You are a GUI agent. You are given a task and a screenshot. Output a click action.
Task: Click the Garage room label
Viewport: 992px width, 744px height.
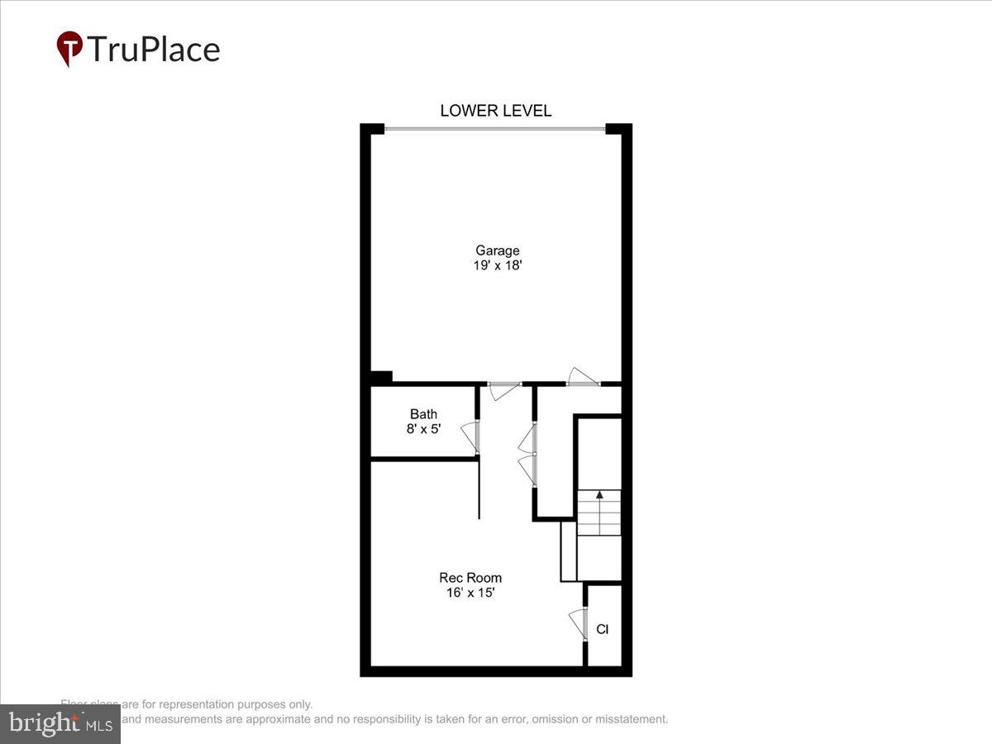(497, 250)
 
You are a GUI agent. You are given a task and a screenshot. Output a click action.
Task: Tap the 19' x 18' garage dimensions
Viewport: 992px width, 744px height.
(497, 266)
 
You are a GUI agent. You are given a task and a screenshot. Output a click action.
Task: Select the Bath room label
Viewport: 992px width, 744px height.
(423, 414)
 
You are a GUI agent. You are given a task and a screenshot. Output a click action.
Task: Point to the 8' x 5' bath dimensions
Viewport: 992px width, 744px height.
(423, 429)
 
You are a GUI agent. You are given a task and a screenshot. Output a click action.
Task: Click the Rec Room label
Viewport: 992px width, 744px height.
(470, 578)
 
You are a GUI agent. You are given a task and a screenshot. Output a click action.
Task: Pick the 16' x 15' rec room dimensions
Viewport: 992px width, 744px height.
(470, 593)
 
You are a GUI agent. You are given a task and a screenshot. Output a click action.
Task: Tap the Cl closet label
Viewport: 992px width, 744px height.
(603, 630)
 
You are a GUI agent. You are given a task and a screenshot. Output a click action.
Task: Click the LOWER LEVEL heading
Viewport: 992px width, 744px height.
(495, 111)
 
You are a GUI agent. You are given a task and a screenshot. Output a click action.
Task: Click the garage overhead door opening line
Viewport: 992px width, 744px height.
(494, 128)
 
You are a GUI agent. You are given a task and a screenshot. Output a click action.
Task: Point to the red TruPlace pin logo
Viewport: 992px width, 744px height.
(69, 48)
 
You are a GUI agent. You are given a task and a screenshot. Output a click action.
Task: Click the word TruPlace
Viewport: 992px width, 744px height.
(153, 50)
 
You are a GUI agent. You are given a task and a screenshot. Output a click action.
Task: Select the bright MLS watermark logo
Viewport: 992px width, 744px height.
(60, 723)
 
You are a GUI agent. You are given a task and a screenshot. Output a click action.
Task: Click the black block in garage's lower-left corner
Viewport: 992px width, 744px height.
(381, 378)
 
